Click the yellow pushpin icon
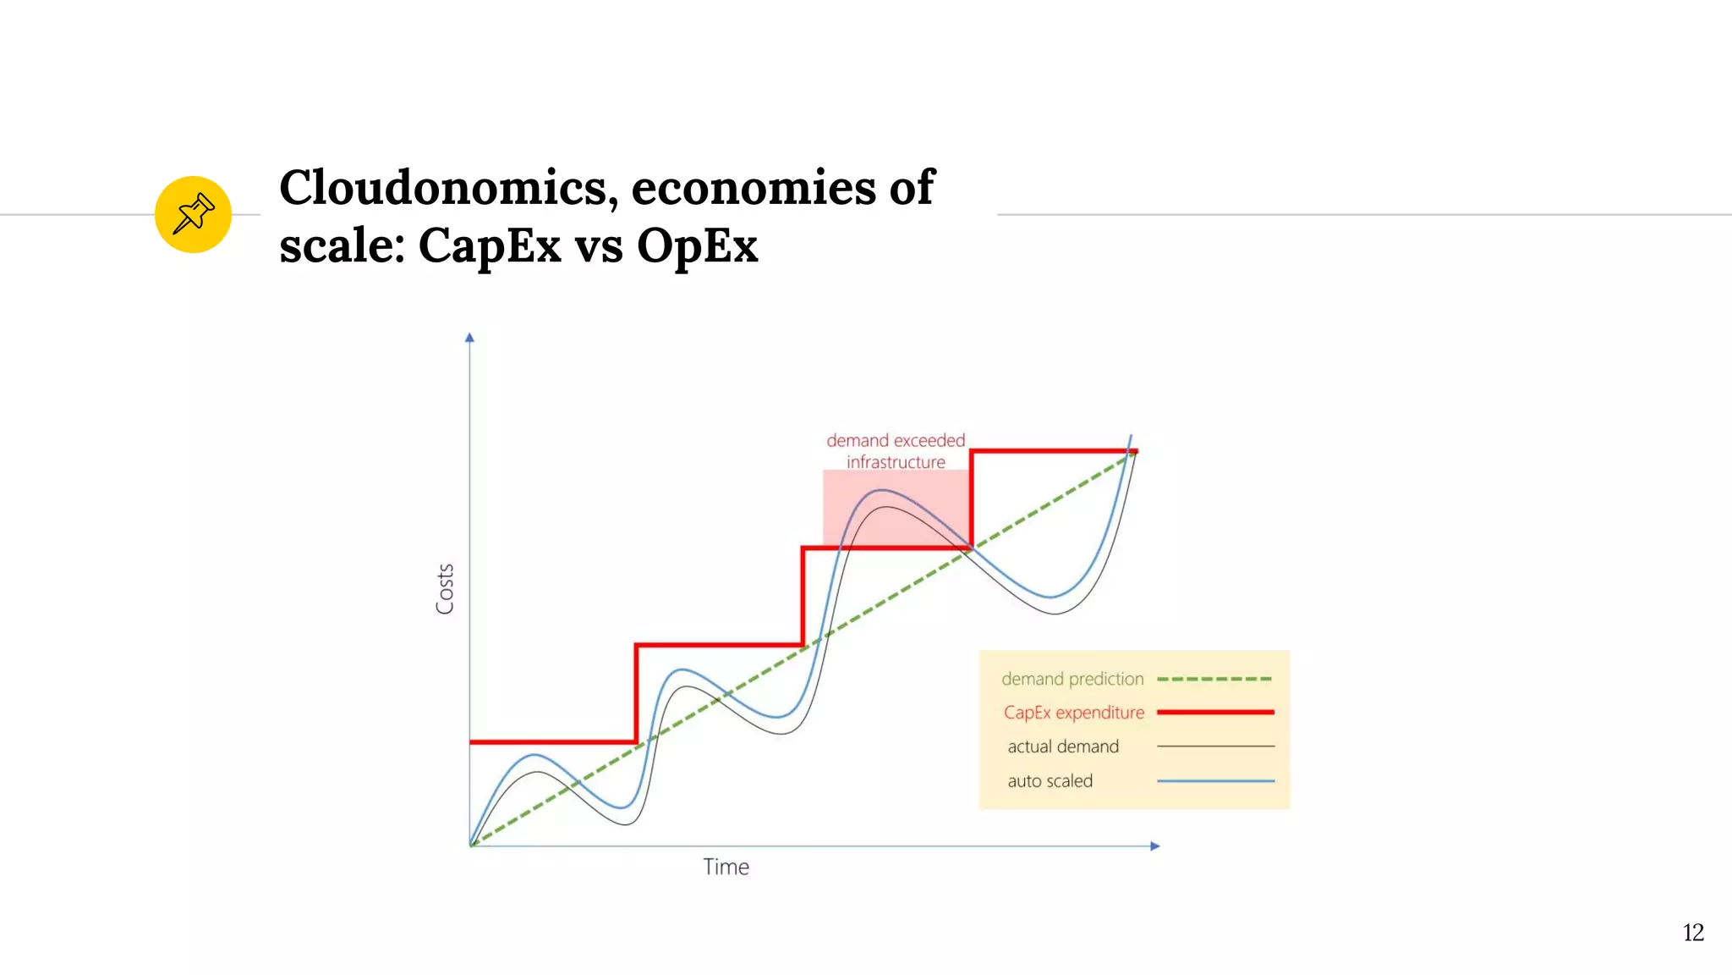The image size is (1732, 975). (193, 214)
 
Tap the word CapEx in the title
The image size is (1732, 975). (490, 246)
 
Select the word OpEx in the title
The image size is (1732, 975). (698, 246)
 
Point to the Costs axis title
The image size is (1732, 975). (445, 589)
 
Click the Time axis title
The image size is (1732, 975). (726, 867)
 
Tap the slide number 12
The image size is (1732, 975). (1693, 933)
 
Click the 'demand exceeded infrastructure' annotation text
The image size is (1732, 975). (896, 451)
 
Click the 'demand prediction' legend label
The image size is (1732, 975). (1072, 679)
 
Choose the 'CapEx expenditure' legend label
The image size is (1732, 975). (1074, 713)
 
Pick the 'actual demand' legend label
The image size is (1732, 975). (1063, 746)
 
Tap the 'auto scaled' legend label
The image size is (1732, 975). (1050, 781)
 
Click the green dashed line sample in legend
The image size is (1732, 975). (1214, 679)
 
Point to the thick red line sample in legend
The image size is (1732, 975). (1214, 713)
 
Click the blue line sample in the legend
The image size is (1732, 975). (1214, 781)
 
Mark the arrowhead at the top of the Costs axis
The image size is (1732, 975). (469, 338)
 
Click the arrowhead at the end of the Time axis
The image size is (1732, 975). (1155, 846)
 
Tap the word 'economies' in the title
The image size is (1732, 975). (753, 187)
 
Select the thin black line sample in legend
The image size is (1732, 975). (1214, 746)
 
